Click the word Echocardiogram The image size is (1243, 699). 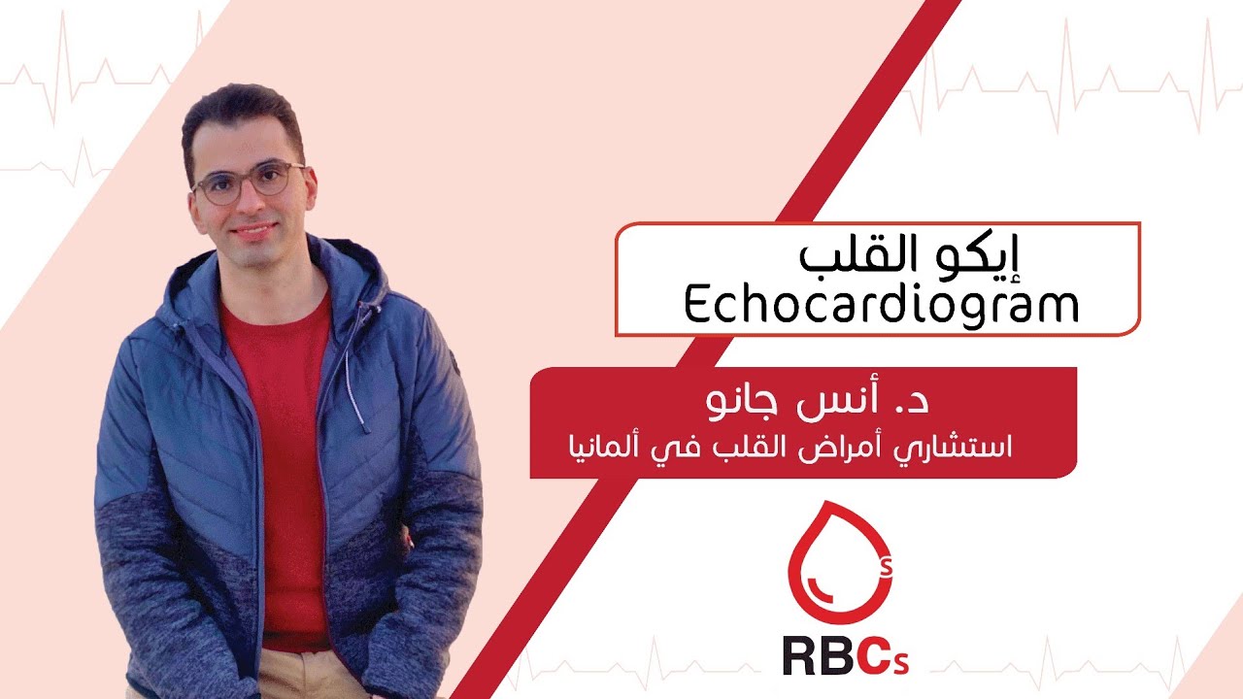[x=881, y=306]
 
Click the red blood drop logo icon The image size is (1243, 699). [x=837, y=563]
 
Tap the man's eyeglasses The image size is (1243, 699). [x=249, y=183]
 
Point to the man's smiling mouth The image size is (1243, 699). [x=253, y=230]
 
